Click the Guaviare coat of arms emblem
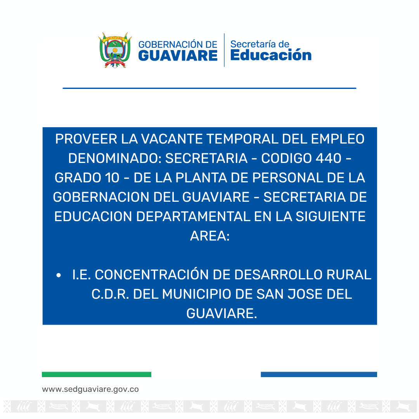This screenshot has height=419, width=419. pyautogui.click(x=115, y=50)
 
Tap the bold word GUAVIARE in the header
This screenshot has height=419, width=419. pyautogui.click(x=178, y=55)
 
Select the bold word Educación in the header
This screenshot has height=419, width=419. pyautogui.click(x=271, y=55)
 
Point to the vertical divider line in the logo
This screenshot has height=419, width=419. pyautogui.click(x=224, y=50)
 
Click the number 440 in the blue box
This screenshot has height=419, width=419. pyautogui.click(x=329, y=158)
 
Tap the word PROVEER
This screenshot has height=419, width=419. pyautogui.click(x=86, y=139)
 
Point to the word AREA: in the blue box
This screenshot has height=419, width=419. pyautogui.click(x=210, y=236)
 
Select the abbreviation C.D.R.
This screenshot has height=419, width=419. pyautogui.click(x=110, y=294)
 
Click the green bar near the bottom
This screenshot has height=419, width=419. pyautogui.click(x=97, y=374)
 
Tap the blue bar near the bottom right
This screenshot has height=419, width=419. pyautogui.click(x=319, y=374)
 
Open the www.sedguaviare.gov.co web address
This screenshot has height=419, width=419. pyautogui.click(x=90, y=390)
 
